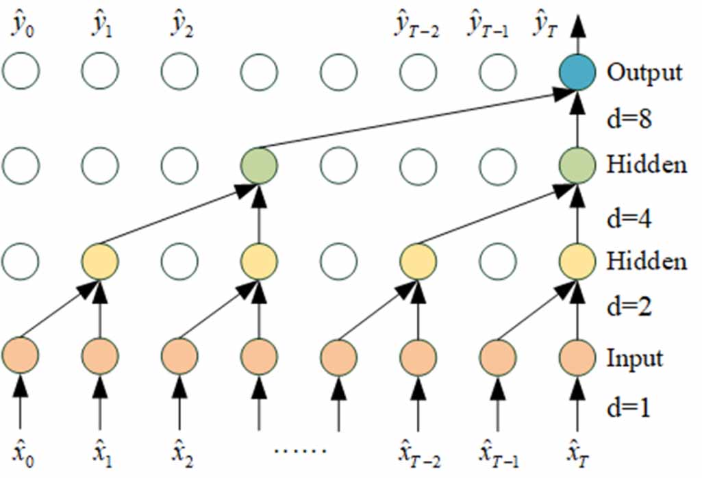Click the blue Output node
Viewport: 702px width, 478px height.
coord(577,72)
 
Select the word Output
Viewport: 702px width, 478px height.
coord(644,73)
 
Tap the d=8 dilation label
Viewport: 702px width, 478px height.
coord(629,118)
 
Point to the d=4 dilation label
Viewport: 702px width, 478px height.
coord(629,218)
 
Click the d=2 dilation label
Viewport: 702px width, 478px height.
coord(629,307)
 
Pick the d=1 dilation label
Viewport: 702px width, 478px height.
coord(628,407)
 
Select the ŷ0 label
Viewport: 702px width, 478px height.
coord(23,26)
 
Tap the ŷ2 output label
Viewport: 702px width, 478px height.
coord(181,26)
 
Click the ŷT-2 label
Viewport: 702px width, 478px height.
coord(416,26)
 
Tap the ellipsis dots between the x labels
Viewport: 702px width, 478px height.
coord(299,450)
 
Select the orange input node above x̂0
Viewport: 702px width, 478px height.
coord(20,357)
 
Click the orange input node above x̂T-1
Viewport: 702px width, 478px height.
coord(497,357)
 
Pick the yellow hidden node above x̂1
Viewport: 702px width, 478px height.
coord(100,261)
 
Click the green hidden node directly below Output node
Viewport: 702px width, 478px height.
coord(577,166)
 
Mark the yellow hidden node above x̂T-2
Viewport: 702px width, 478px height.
coord(418,261)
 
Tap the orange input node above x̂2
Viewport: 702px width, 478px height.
coord(179,357)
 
